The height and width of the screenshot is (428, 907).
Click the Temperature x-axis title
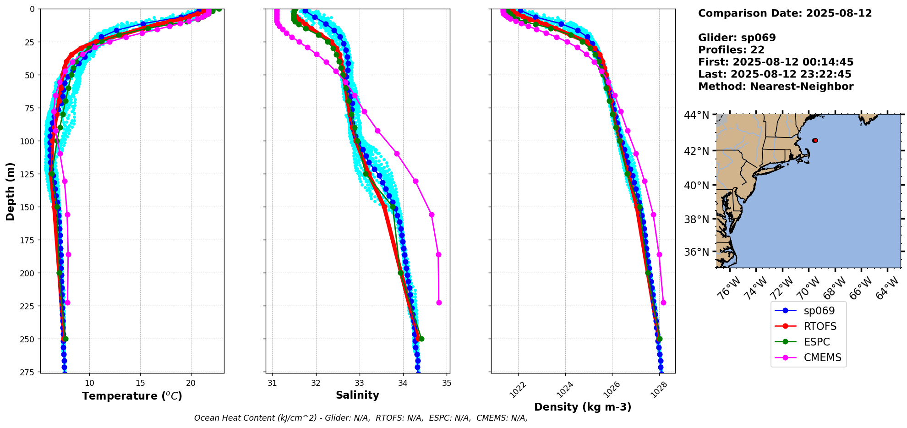[132, 396]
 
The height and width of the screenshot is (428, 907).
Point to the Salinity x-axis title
[357, 395]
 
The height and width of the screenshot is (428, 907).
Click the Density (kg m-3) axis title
[583, 407]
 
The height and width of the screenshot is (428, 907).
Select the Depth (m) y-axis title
[11, 191]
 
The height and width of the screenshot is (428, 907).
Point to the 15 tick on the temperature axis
[140, 383]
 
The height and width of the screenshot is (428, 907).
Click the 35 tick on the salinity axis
[447, 383]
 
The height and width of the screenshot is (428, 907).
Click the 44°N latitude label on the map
[696, 115]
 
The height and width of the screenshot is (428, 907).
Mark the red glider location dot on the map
[815, 141]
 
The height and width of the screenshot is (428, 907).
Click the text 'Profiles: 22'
[731, 50]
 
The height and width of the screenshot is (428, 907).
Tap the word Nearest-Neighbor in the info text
[802, 87]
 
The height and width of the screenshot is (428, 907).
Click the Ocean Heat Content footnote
[361, 418]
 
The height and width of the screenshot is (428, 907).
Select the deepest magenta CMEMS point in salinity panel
[439, 302]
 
